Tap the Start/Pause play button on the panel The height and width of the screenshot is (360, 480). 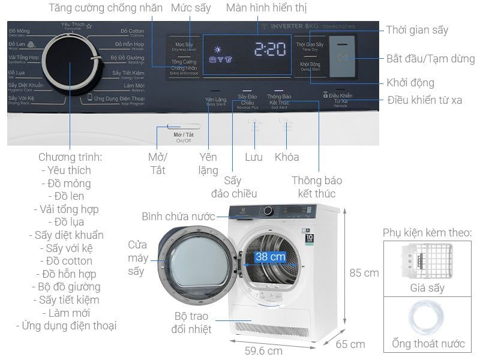point(343,58)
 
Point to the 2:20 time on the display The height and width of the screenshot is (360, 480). point(268,49)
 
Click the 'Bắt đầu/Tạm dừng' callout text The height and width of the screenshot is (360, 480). point(430,59)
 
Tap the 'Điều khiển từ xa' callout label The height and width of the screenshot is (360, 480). point(424,100)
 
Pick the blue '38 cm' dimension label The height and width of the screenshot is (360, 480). point(270,257)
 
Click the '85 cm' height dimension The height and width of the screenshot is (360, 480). point(364,272)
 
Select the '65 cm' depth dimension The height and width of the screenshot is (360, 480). point(350,344)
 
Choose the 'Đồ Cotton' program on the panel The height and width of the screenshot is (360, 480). point(131,32)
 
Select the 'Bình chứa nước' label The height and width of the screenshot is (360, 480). point(178,216)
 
